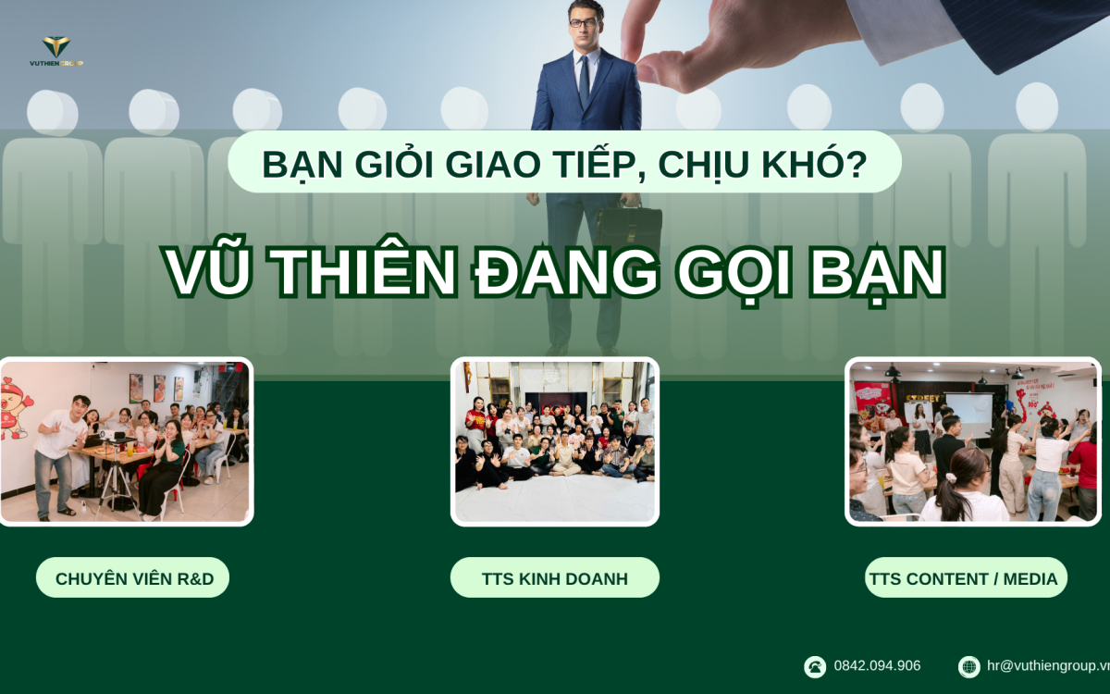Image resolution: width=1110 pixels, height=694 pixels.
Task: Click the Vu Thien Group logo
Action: pyautogui.click(x=56, y=50)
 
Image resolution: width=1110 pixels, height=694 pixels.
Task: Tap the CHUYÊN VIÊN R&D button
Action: pyautogui.click(x=133, y=578)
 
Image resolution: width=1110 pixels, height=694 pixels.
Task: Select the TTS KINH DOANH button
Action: pyautogui.click(x=554, y=578)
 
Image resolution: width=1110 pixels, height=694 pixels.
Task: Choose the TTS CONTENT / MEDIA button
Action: pyautogui.click(x=962, y=578)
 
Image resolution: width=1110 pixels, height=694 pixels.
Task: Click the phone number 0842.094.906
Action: pyautogui.click(x=877, y=665)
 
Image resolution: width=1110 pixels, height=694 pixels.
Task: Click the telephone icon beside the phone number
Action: pyautogui.click(x=815, y=666)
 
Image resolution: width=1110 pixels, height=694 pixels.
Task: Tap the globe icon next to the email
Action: pyautogui.click(x=968, y=666)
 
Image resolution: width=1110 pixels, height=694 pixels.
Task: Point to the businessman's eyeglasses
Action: pyautogui.click(x=583, y=23)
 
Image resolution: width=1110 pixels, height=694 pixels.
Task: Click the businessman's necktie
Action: pyautogui.click(x=584, y=81)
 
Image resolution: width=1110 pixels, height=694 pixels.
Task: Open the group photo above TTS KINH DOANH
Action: pyautogui.click(x=555, y=441)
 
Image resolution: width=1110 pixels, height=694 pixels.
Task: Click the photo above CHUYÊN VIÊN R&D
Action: pyautogui.click(x=125, y=441)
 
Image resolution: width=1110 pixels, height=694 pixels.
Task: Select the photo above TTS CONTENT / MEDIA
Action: pyautogui.click(x=973, y=441)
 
